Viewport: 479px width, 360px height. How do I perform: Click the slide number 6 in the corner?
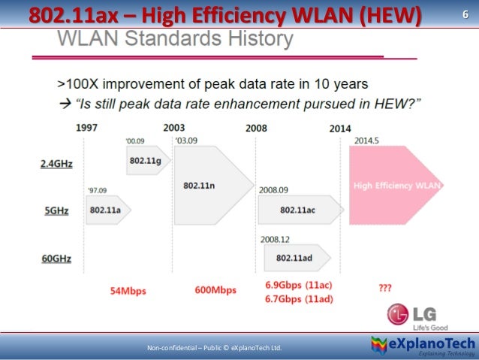coord(463,14)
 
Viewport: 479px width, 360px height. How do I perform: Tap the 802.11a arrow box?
coord(108,210)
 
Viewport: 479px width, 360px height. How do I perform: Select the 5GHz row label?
coord(57,211)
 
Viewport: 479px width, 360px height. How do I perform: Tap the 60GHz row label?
coord(57,259)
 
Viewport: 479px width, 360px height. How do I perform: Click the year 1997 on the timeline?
coord(86,128)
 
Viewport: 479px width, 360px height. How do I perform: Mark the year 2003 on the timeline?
coord(174,128)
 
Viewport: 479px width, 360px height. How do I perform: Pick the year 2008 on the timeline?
coord(256,128)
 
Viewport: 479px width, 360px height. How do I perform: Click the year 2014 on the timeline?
coord(340,128)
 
